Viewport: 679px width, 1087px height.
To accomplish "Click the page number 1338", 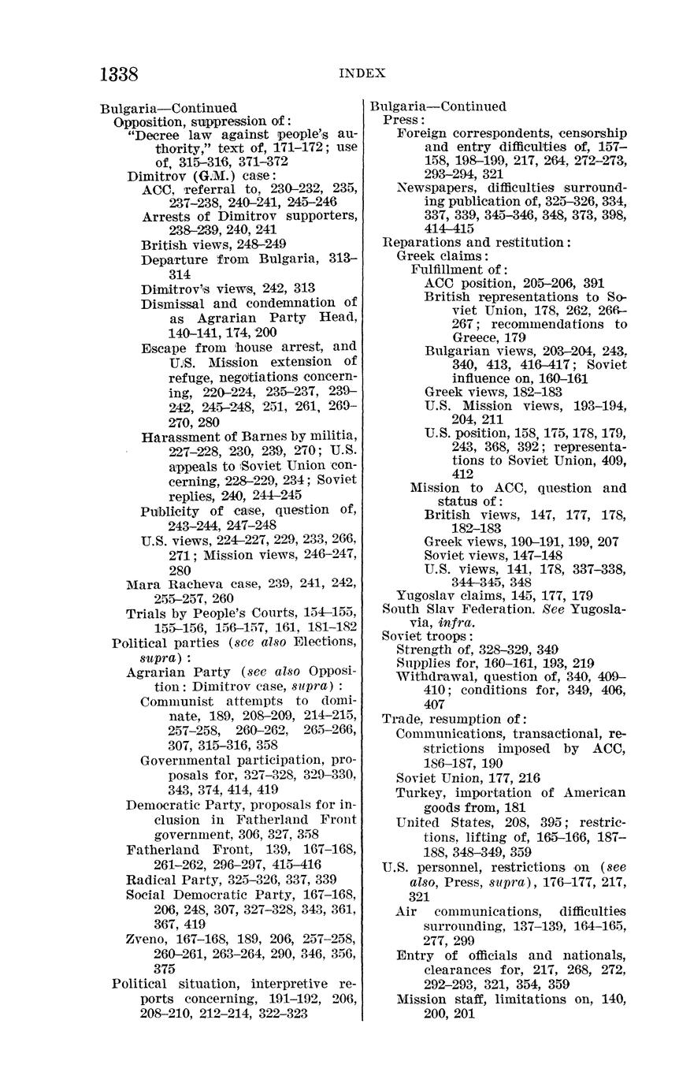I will [119, 75].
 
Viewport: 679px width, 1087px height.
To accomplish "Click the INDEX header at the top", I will [362, 73].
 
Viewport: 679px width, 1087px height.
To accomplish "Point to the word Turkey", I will [417, 793].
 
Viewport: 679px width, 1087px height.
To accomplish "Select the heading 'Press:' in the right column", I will [403, 120].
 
